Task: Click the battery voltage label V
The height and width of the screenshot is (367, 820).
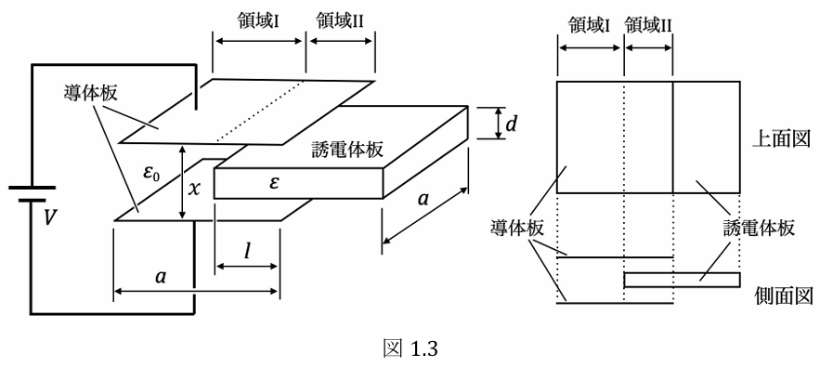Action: (x=49, y=219)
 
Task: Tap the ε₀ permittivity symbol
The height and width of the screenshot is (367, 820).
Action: (x=152, y=175)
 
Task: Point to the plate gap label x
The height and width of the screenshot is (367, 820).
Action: (x=193, y=189)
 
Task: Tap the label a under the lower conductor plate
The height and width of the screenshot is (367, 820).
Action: (x=161, y=277)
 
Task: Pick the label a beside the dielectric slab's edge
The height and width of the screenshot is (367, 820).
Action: (x=424, y=199)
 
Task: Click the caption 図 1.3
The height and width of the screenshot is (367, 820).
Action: (x=410, y=348)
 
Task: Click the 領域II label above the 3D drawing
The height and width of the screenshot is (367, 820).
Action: (x=341, y=21)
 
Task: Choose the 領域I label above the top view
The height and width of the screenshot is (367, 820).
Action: (x=590, y=24)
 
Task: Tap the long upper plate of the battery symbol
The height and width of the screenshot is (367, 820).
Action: (x=32, y=187)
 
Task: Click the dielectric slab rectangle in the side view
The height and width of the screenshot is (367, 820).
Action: (x=682, y=280)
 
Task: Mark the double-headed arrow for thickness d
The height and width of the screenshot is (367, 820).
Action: (x=499, y=124)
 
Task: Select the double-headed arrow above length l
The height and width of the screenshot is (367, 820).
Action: (x=246, y=267)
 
